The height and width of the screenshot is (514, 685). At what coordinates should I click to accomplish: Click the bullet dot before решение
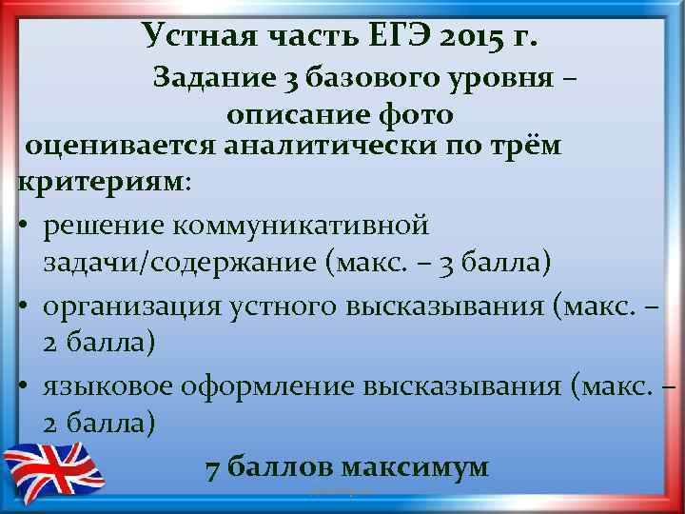point(24,225)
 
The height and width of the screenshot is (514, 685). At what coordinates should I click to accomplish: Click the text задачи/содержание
point(180,262)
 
